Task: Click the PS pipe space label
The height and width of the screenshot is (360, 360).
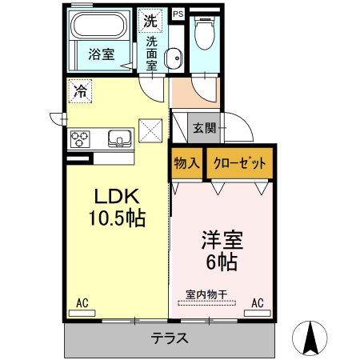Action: (x=178, y=14)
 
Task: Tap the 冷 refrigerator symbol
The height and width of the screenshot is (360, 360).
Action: (x=80, y=91)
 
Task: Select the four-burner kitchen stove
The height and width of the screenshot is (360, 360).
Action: (x=81, y=139)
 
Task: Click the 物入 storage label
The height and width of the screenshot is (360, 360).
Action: (x=186, y=163)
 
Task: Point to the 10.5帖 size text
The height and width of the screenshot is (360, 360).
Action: (x=118, y=218)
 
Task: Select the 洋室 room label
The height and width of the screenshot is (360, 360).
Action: (x=220, y=239)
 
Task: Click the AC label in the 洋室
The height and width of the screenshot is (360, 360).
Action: (x=258, y=302)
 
